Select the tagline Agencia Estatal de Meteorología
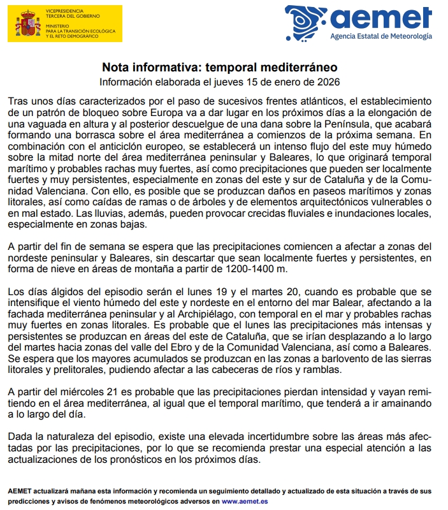pyautogui.click(x=381, y=36)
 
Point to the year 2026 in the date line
pyautogui.click(x=327, y=82)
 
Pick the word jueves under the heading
pyautogui.click(x=220, y=82)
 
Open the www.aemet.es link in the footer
pyautogui.click(x=245, y=501)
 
